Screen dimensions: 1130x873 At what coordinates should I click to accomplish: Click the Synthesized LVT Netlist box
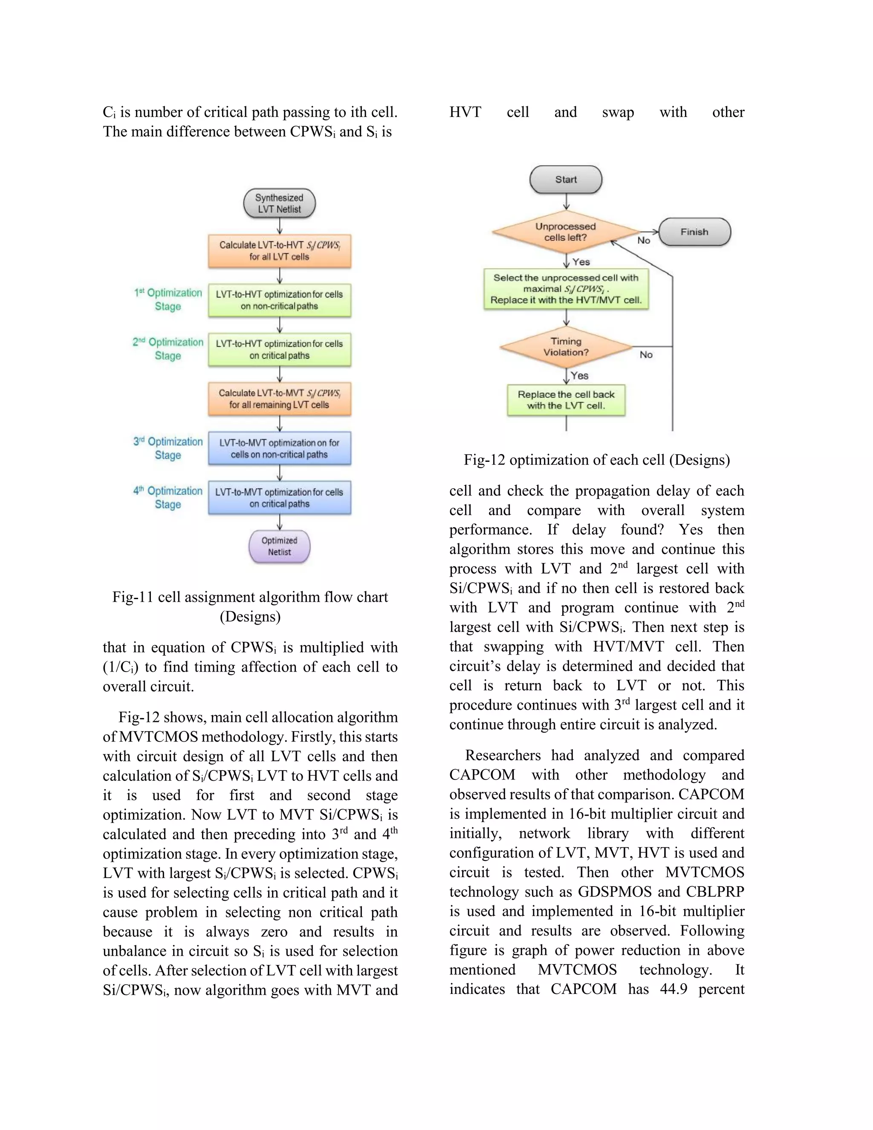(x=279, y=203)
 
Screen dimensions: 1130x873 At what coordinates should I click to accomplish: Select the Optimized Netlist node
(x=279, y=546)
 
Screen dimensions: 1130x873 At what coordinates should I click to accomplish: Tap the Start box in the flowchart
(x=566, y=180)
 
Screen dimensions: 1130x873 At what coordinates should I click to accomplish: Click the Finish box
(x=694, y=232)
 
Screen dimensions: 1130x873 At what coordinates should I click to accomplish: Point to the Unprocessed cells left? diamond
(x=566, y=232)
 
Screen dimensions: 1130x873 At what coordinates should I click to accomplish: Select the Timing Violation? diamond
(x=566, y=347)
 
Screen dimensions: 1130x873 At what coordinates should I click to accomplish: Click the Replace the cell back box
(x=566, y=400)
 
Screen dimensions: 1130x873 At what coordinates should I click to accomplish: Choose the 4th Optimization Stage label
(x=168, y=497)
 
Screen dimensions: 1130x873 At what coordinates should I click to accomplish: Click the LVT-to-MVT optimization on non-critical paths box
(x=279, y=449)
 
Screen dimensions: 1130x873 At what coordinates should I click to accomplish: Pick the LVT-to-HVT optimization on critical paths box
(x=279, y=350)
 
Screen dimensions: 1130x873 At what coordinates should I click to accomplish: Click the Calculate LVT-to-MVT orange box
(x=279, y=399)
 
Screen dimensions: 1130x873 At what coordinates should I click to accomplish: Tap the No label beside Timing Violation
(x=646, y=354)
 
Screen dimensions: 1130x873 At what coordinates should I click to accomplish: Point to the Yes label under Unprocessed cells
(x=581, y=262)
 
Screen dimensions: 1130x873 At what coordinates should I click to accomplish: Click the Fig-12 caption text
(x=596, y=460)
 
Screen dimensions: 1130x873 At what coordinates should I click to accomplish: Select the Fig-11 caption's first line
(x=250, y=597)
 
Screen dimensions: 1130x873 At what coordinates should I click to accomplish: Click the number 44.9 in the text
(x=674, y=989)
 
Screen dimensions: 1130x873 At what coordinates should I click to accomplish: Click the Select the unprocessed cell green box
(x=566, y=289)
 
